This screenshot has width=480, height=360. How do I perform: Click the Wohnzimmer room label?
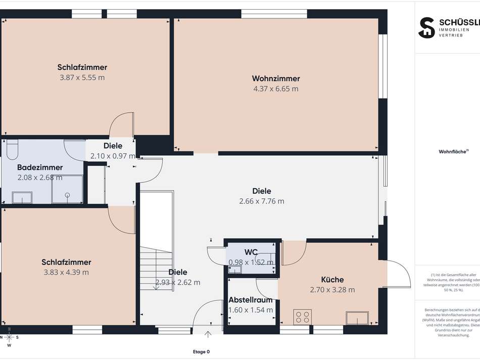point(276,78)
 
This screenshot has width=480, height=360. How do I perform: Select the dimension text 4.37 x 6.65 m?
point(276,89)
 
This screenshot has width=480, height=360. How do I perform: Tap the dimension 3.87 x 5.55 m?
point(82,78)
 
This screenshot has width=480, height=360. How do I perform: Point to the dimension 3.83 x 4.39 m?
point(66,272)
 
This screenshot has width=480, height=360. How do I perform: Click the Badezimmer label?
point(40,167)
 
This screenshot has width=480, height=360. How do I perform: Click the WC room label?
point(251,252)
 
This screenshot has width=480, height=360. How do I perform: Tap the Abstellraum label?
point(251,299)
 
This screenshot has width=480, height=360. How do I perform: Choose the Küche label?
point(332,280)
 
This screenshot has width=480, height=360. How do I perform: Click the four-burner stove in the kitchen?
point(303,317)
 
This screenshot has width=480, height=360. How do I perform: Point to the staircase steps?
point(156,268)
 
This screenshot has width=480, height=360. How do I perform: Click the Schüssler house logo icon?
point(426,27)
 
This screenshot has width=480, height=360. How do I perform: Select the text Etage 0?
point(201,352)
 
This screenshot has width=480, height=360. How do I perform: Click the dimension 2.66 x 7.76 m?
point(262,201)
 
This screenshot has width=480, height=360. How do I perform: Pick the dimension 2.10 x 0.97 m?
point(113,156)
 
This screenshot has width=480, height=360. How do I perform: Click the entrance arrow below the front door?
point(208,334)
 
